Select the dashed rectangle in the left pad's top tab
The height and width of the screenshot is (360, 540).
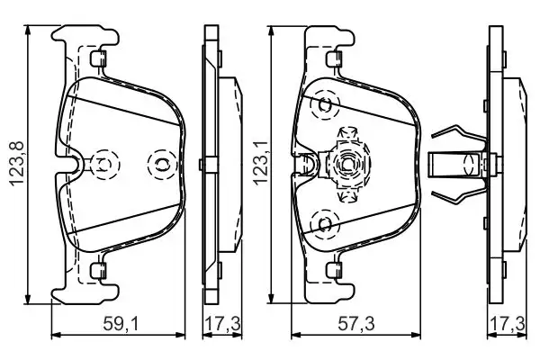point(98,58)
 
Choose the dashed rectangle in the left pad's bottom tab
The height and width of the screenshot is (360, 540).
point(98,268)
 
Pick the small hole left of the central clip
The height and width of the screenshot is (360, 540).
point(309,164)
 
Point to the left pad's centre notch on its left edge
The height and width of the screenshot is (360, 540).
point(72,164)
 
